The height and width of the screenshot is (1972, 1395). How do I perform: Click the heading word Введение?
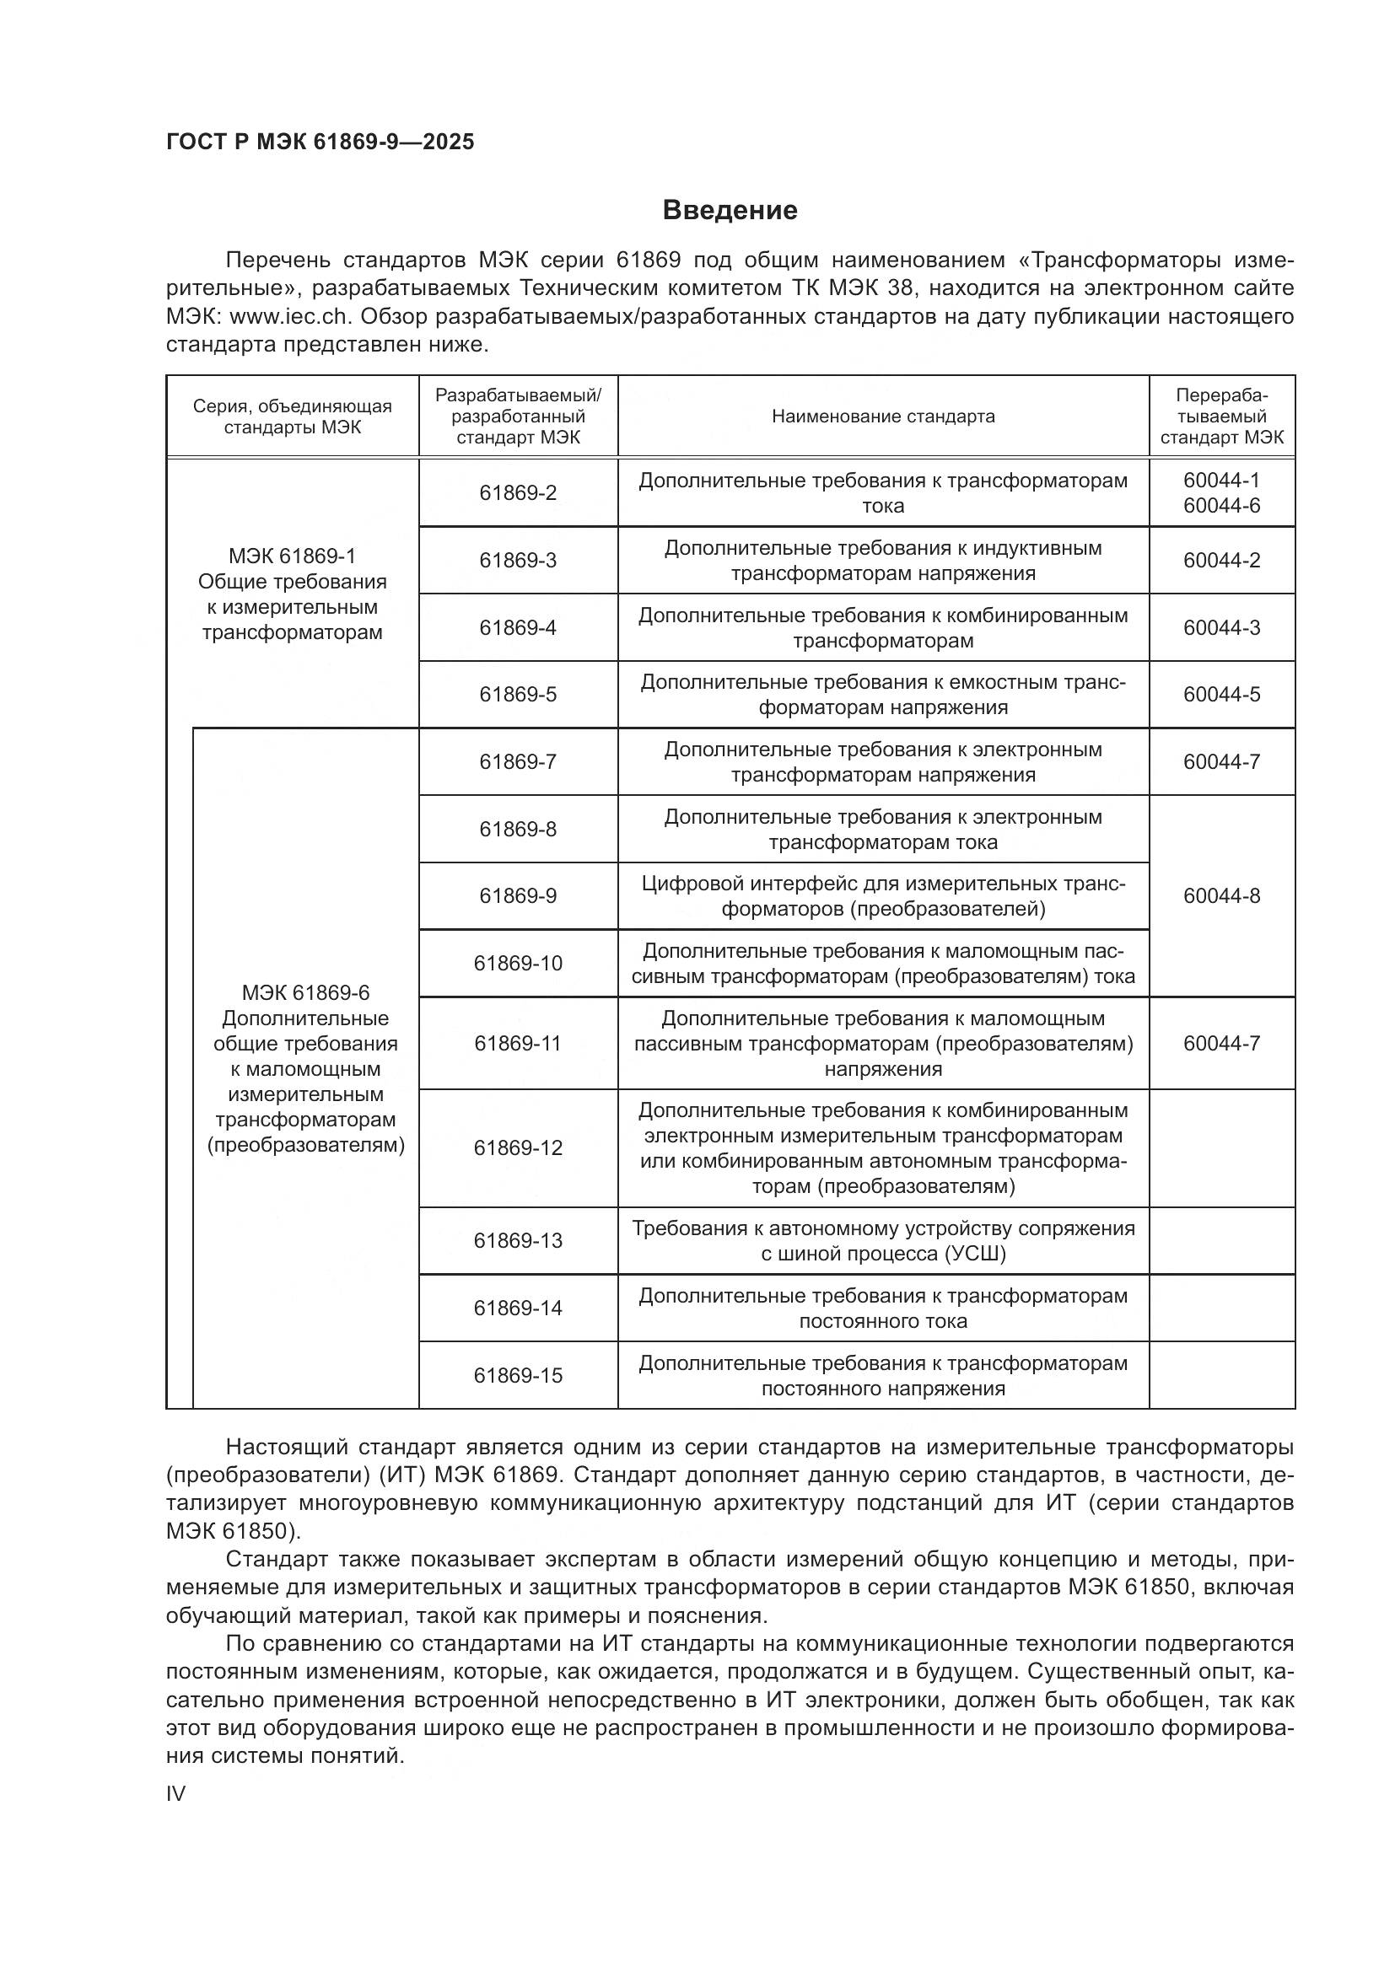pos(730,211)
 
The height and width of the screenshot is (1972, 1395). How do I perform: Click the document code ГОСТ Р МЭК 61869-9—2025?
pos(320,142)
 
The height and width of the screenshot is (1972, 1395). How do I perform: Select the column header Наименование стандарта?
pos(882,416)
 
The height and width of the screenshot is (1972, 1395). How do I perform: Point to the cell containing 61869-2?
pos(518,493)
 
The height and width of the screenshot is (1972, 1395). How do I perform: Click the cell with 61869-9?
pos(518,896)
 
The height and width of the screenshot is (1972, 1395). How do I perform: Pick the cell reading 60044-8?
pos(1220,896)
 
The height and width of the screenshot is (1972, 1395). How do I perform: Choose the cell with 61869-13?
pos(518,1240)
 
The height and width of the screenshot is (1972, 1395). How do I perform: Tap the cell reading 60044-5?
pos(1220,694)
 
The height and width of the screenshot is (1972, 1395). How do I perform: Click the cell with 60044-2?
pos(1220,560)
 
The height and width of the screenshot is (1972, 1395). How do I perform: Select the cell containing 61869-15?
pos(518,1375)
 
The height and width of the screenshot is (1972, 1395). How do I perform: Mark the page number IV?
pos(175,1793)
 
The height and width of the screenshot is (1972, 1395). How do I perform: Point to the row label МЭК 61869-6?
pos(305,993)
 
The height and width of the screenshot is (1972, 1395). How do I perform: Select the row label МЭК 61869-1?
pos(292,556)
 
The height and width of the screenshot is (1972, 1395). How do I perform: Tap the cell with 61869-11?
pos(518,1043)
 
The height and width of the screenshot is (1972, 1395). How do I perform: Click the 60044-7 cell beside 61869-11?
pos(1220,1043)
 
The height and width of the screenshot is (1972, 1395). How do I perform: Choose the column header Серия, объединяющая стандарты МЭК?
pos(292,416)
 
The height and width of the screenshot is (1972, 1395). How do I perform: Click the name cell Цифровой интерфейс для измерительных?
pos(882,896)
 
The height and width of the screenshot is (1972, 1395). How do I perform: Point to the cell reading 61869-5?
pos(518,694)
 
